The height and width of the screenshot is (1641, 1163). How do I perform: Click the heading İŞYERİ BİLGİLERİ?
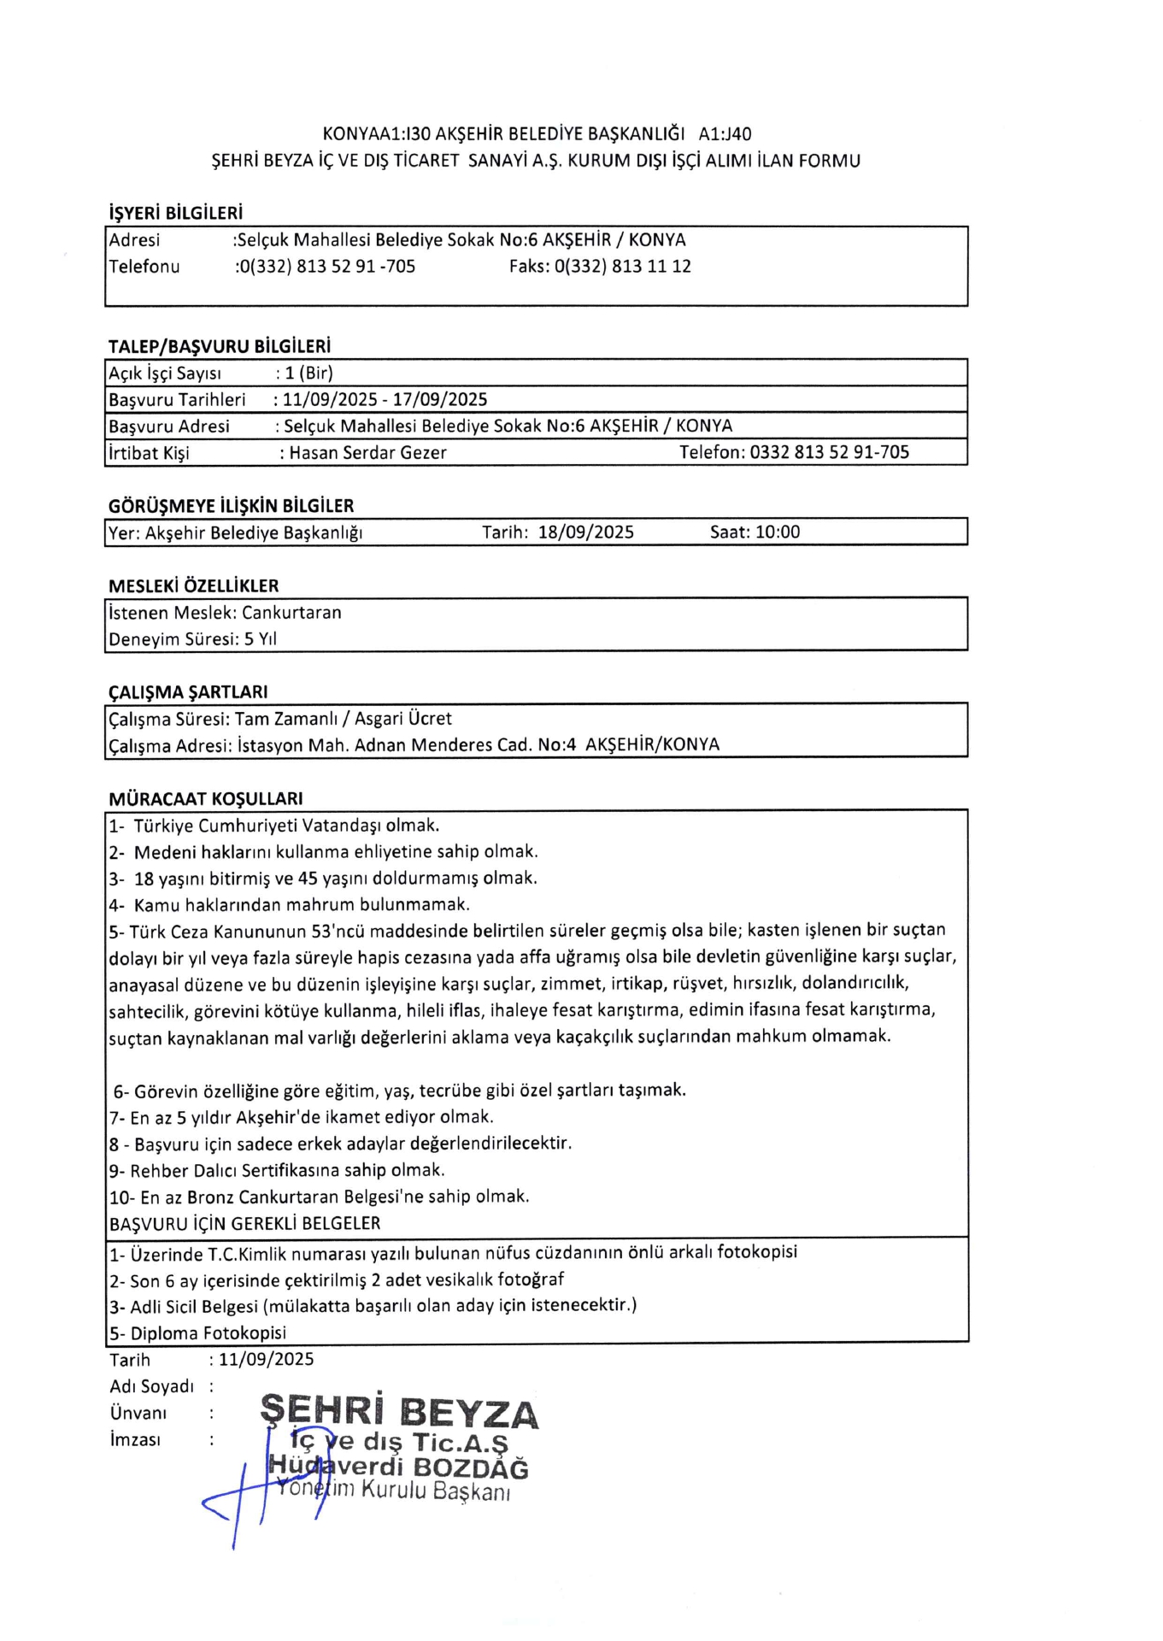[x=175, y=212]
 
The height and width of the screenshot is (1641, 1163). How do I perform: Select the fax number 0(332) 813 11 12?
[x=622, y=267]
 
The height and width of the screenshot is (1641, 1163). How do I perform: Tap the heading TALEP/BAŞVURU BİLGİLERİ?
[x=219, y=346]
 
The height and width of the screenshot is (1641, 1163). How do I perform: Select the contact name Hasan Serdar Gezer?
[x=367, y=453]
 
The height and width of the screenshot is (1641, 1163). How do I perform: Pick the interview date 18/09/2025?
[x=586, y=532]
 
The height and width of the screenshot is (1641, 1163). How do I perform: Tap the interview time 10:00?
[x=778, y=532]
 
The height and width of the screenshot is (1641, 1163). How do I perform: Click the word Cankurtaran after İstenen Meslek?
[x=291, y=613]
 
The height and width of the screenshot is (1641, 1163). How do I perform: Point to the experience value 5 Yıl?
[x=261, y=639]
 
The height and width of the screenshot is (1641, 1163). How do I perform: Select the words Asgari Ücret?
[x=403, y=719]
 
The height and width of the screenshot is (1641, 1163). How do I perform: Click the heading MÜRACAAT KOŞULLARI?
[x=205, y=799]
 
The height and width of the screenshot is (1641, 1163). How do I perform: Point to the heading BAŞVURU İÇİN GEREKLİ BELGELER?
[x=244, y=1224]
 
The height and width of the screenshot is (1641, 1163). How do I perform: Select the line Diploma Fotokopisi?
[x=208, y=1333]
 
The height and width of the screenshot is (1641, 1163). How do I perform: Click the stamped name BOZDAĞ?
[x=471, y=1468]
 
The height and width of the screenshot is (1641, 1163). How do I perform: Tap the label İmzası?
[x=135, y=1440]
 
